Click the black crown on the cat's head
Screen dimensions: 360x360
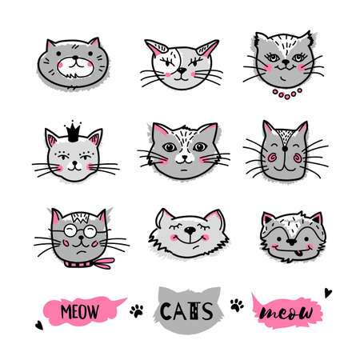tap(74, 133)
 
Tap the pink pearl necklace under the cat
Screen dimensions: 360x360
tap(287, 94)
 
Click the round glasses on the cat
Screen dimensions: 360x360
tap(80, 231)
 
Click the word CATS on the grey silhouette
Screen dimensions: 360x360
tap(186, 311)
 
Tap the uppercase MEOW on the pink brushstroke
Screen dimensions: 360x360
tap(79, 311)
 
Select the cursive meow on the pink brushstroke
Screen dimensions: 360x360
tap(286, 312)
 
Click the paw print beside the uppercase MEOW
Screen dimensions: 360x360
tap(137, 310)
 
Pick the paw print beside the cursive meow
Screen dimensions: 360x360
tap(237, 305)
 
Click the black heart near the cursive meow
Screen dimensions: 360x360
tap(328, 293)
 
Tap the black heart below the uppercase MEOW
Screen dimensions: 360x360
tap(39, 325)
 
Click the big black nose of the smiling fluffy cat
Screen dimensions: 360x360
tap(190, 230)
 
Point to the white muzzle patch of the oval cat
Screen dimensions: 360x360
tap(75, 67)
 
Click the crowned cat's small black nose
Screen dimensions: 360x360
tap(75, 162)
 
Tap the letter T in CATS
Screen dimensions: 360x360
tap(194, 311)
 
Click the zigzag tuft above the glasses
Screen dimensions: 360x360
tap(80, 218)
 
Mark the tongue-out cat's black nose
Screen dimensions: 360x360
tap(292, 242)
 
